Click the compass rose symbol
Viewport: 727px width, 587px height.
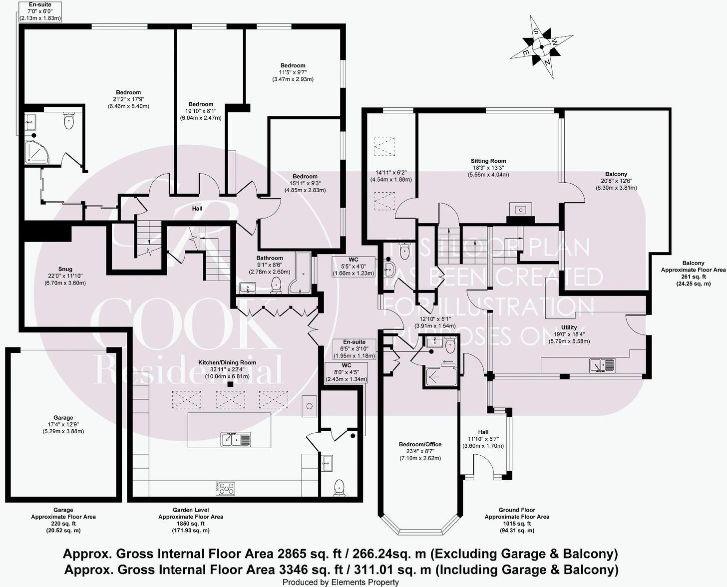pyautogui.click(x=541, y=47)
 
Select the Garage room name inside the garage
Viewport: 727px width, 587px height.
pyautogui.click(x=63, y=418)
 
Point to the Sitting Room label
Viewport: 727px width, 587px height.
pyautogui.click(x=488, y=161)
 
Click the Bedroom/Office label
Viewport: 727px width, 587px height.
pyautogui.click(x=420, y=444)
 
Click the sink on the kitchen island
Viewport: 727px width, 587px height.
pyautogui.click(x=236, y=440)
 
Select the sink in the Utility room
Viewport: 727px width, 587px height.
pyautogui.click(x=602, y=365)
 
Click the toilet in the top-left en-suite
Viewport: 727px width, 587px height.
pyautogui.click(x=69, y=120)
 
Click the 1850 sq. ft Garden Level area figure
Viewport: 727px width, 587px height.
pyautogui.click(x=191, y=524)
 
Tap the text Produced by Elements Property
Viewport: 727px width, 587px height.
pyautogui.click(x=341, y=582)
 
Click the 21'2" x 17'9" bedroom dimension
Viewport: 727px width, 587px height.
pyautogui.click(x=128, y=99)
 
